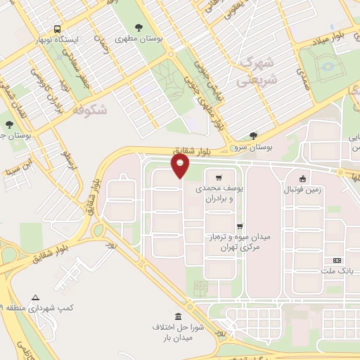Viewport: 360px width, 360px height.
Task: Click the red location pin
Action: click(x=181, y=165)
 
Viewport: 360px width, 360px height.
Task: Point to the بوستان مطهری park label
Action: click(x=139, y=39)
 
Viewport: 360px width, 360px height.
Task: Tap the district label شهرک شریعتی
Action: click(x=258, y=71)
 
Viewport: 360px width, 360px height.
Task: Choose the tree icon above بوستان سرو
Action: click(x=253, y=136)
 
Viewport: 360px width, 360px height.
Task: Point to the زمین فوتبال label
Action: click(x=302, y=190)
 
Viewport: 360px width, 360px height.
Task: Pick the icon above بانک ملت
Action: click(x=335, y=261)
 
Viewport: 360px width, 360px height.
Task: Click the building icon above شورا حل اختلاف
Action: click(x=177, y=317)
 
